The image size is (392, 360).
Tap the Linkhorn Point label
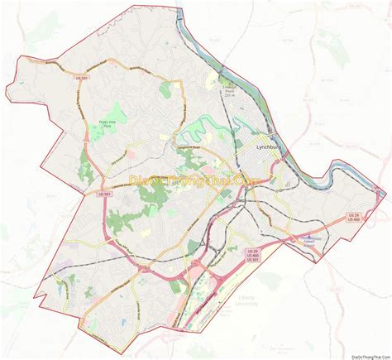[229, 87]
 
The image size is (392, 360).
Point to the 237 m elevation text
[229, 95]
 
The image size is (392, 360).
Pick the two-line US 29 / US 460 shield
[354, 217]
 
